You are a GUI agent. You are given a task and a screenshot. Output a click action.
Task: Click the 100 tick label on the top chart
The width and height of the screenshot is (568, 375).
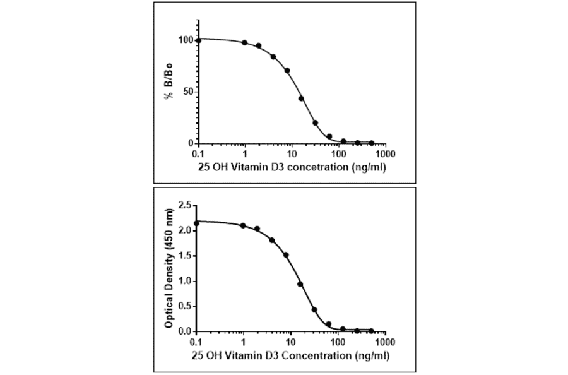(185, 40)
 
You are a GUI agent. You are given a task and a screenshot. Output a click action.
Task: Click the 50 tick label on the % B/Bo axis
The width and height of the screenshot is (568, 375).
(187, 92)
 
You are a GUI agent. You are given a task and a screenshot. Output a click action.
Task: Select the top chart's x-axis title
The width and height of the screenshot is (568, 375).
(292, 167)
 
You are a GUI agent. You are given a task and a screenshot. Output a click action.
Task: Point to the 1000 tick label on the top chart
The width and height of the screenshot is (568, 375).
(386, 153)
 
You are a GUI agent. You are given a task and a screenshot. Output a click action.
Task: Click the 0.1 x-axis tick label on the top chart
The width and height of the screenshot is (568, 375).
(199, 153)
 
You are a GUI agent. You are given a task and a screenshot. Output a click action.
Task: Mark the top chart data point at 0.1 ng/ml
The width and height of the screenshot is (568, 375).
(199, 40)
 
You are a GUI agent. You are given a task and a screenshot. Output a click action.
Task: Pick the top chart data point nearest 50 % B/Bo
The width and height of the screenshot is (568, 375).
(302, 98)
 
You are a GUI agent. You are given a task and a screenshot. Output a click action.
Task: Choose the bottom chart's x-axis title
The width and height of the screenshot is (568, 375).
(292, 355)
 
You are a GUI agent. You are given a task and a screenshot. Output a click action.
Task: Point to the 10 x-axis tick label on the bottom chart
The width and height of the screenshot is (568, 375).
(291, 342)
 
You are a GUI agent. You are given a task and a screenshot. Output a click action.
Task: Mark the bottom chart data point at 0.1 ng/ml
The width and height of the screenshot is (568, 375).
(197, 223)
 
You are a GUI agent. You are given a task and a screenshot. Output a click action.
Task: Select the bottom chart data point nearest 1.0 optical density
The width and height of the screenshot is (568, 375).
(300, 284)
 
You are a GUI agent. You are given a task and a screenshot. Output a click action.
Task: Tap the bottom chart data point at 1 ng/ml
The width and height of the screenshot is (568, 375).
(244, 225)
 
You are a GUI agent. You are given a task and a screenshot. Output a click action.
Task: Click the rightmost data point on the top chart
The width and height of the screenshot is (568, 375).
(371, 143)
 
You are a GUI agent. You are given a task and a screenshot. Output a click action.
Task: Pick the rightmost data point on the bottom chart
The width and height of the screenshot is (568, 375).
(371, 330)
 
